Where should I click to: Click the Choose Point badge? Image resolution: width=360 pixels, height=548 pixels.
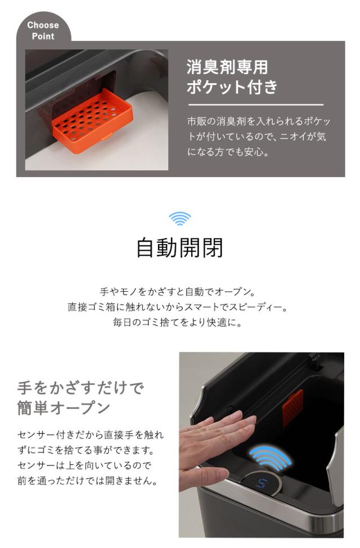coord(43,30)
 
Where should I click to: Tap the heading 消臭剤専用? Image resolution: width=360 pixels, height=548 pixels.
coord(227,68)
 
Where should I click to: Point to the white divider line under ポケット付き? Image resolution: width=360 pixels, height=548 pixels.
coord(255,105)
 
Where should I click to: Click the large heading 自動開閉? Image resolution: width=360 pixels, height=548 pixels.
coord(179,247)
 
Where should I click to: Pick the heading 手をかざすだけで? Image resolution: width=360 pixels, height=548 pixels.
coord(80,388)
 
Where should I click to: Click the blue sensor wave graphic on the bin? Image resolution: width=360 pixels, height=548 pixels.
coord(271,459)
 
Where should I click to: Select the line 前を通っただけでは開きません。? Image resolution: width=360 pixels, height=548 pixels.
coord(86,481)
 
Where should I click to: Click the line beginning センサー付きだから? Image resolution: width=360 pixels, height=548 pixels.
coord(90,436)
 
